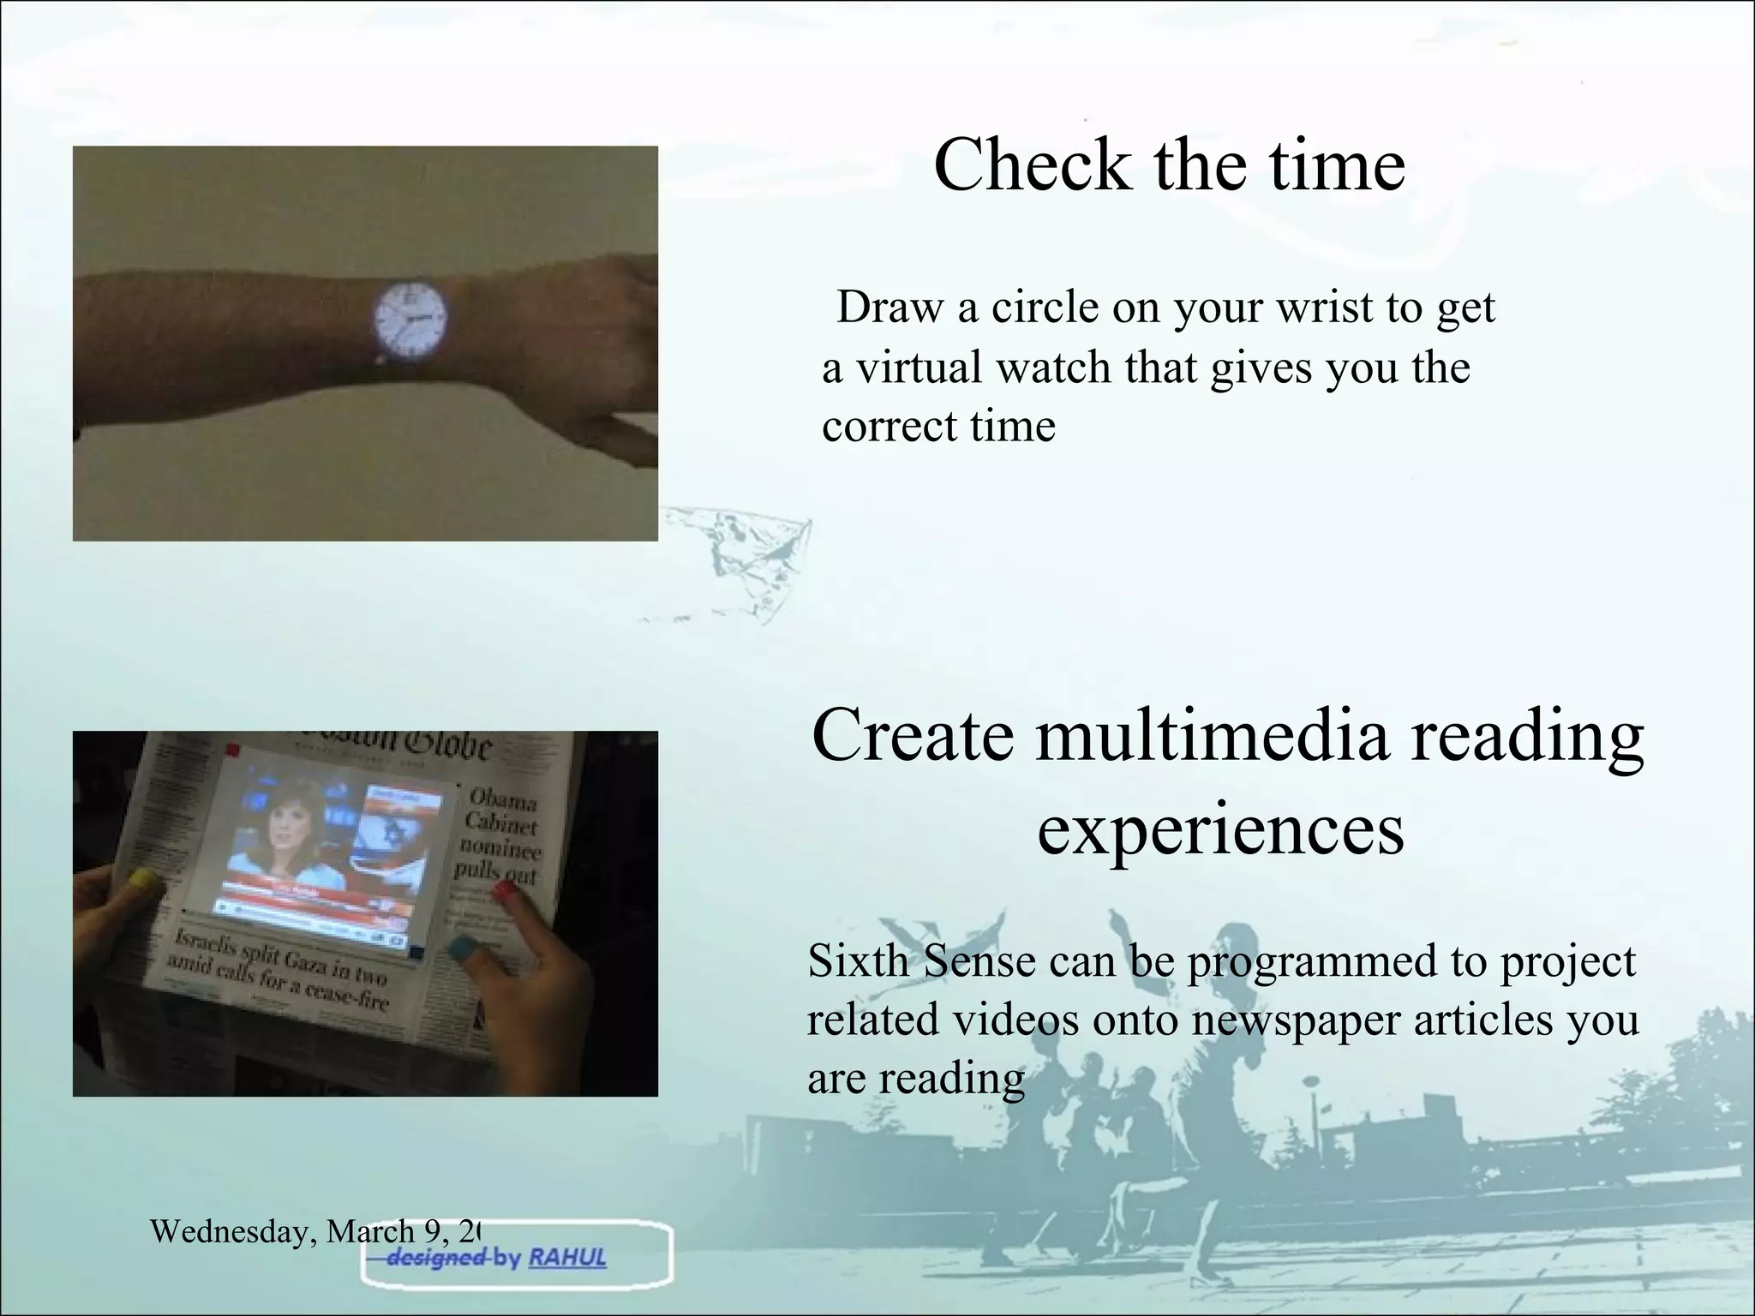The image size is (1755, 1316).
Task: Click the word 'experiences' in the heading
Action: (1220, 830)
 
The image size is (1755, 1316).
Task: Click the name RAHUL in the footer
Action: (566, 1259)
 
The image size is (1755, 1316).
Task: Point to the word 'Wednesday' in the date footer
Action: (225, 1232)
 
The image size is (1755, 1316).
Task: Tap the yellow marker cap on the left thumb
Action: (143, 879)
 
